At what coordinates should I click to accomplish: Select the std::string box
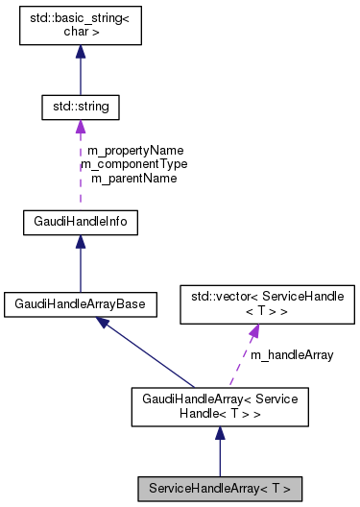pos(80,107)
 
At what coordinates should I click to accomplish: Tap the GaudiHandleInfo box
pos(80,223)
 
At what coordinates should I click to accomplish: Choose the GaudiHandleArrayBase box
pos(80,303)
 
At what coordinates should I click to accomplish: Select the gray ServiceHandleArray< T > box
pos(220,489)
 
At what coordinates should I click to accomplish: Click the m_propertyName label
pos(134,151)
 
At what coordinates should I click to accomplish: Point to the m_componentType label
pos(134,164)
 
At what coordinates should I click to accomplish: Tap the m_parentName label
pos(134,178)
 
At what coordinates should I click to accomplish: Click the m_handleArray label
pos(292,354)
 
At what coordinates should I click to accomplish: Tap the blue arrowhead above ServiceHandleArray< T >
pos(220,435)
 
